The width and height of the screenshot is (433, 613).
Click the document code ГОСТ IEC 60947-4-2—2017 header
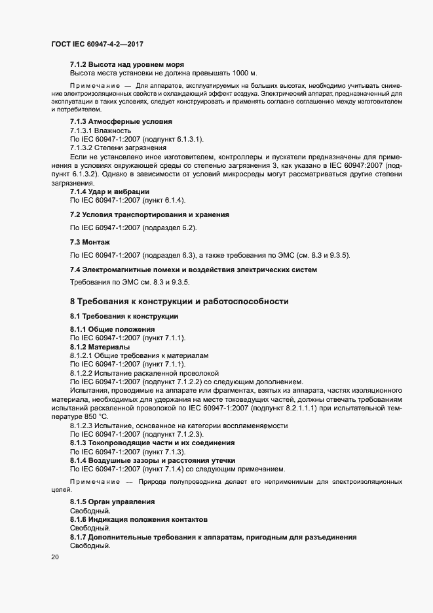tap(97, 44)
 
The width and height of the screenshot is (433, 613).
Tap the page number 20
tap(54, 557)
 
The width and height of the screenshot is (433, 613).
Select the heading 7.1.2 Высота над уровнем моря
tap(126, 64)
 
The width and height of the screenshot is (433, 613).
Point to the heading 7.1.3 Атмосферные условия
tap(121, 122)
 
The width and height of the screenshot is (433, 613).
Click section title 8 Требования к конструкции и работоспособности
tap(179, 302)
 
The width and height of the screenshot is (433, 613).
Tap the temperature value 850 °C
tap(92, 416)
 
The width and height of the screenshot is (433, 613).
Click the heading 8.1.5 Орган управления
tap(112, 502)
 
